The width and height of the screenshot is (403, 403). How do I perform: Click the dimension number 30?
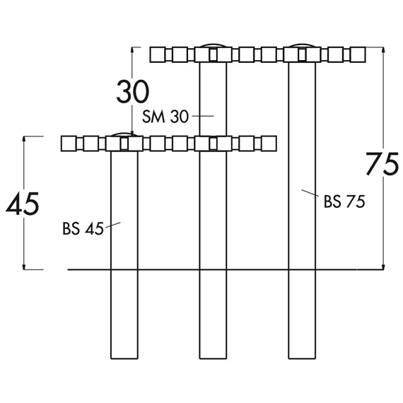point(133,91)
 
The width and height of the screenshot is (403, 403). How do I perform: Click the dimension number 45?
point(23,204)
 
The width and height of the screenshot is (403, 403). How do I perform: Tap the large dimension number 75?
point(382,164)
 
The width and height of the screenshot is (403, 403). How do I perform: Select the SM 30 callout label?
point(165,117)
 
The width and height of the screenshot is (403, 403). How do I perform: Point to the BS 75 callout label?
point(344,201)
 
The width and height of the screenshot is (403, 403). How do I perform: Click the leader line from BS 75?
point(310,193)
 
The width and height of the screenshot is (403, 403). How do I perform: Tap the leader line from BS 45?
point(113,225)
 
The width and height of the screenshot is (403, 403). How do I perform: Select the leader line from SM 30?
point(203,116)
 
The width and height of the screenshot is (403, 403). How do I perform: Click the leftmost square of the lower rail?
point(69,144)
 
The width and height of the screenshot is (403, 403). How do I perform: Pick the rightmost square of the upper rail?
point(358,54)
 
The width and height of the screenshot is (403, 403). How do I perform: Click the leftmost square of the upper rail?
point(158,54)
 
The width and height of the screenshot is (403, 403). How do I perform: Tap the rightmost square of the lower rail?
point(269,144)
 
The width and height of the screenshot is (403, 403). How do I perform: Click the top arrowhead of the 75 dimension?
point(383,50)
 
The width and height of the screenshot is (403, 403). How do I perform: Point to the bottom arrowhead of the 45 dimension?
point(24,267)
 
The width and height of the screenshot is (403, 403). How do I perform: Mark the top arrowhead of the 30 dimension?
point(132,50)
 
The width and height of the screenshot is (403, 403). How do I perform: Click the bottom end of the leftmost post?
point(124,358)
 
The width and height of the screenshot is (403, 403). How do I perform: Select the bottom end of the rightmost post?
point(302,358)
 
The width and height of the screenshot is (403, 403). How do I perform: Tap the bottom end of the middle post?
point(213,358)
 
